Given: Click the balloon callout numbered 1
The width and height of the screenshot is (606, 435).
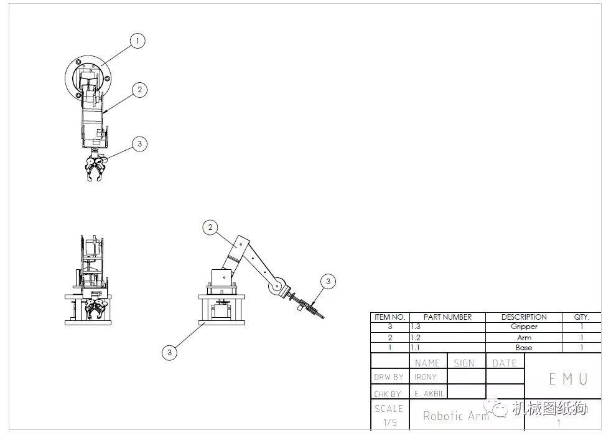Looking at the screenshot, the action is pyautogui.click(x=138, y=41).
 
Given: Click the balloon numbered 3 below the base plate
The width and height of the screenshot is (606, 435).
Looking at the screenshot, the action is pyautogui.click(x=169, y=352).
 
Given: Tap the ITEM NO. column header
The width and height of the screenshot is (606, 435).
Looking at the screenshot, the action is pyautogui.click(x=389, y=317).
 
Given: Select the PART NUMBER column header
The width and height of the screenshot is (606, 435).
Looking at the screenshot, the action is pyautogui.click(x=447, y=317).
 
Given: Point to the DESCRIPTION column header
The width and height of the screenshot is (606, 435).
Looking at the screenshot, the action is pyautogui.click(x=524, y=317).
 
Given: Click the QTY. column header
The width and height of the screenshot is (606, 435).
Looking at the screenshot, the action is pyautogui.click(x=582, y=317).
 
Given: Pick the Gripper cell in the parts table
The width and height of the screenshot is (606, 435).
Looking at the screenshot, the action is pyautogui.click(x=524, y=327).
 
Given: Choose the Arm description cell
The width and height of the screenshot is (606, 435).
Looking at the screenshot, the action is pyautogui.click(x=524, y=338).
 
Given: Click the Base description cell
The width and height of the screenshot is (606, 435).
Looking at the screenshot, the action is pyautogui.click(x=524, y=348).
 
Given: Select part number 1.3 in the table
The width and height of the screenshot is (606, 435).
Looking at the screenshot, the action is pyautogui.click(x=416, y=327).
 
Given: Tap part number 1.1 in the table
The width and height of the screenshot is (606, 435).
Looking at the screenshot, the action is pyautogui.click(x=415, y=348).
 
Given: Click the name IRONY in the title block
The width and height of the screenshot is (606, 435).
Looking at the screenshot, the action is pyautogui.click(x=425, y=376).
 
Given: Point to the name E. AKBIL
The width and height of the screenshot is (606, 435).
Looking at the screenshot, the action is pyautogui.click(x=429, y=394).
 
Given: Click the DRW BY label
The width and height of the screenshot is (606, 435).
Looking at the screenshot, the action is pyautogui.click(x=388, y=376).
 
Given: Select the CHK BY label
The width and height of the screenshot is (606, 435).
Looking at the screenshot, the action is pyautogui.click(x=387, y=394).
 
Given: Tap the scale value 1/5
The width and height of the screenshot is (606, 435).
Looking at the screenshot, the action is pyautogui.click(x=390, y=422).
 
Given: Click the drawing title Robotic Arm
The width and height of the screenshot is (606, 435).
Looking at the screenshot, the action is pyautogui.click(x=456, y=416).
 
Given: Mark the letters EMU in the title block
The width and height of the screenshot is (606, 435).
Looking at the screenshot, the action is pyautogui.click(x=568, y=379).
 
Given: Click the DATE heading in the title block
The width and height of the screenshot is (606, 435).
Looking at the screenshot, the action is pyautogui.click(x=505, y=363).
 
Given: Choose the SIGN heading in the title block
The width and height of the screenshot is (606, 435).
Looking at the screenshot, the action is pyautogui.click(x=464, y=363).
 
